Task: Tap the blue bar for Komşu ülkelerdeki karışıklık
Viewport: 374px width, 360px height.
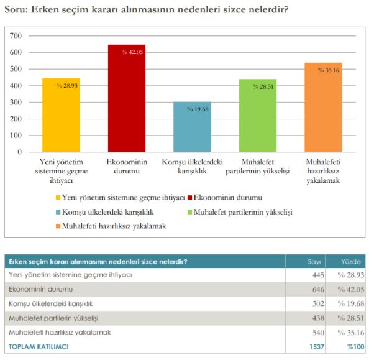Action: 192,127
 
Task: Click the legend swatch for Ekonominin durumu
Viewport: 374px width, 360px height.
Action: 189,198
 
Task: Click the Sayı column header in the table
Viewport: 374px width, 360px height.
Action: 314,261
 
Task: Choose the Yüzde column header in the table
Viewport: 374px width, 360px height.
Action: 351,261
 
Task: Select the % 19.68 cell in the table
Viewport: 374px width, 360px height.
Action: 350,304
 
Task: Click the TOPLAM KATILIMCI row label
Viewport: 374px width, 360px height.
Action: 39,346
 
